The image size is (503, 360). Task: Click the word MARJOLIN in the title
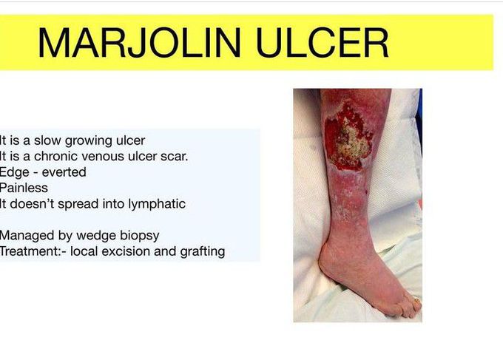(139, 43)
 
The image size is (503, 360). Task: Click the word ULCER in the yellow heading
(323, 43)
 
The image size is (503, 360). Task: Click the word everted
(64, 172)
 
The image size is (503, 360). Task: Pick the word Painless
(24, 188)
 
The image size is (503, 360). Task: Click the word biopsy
(140, 237)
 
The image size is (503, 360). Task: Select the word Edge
(15, 173)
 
